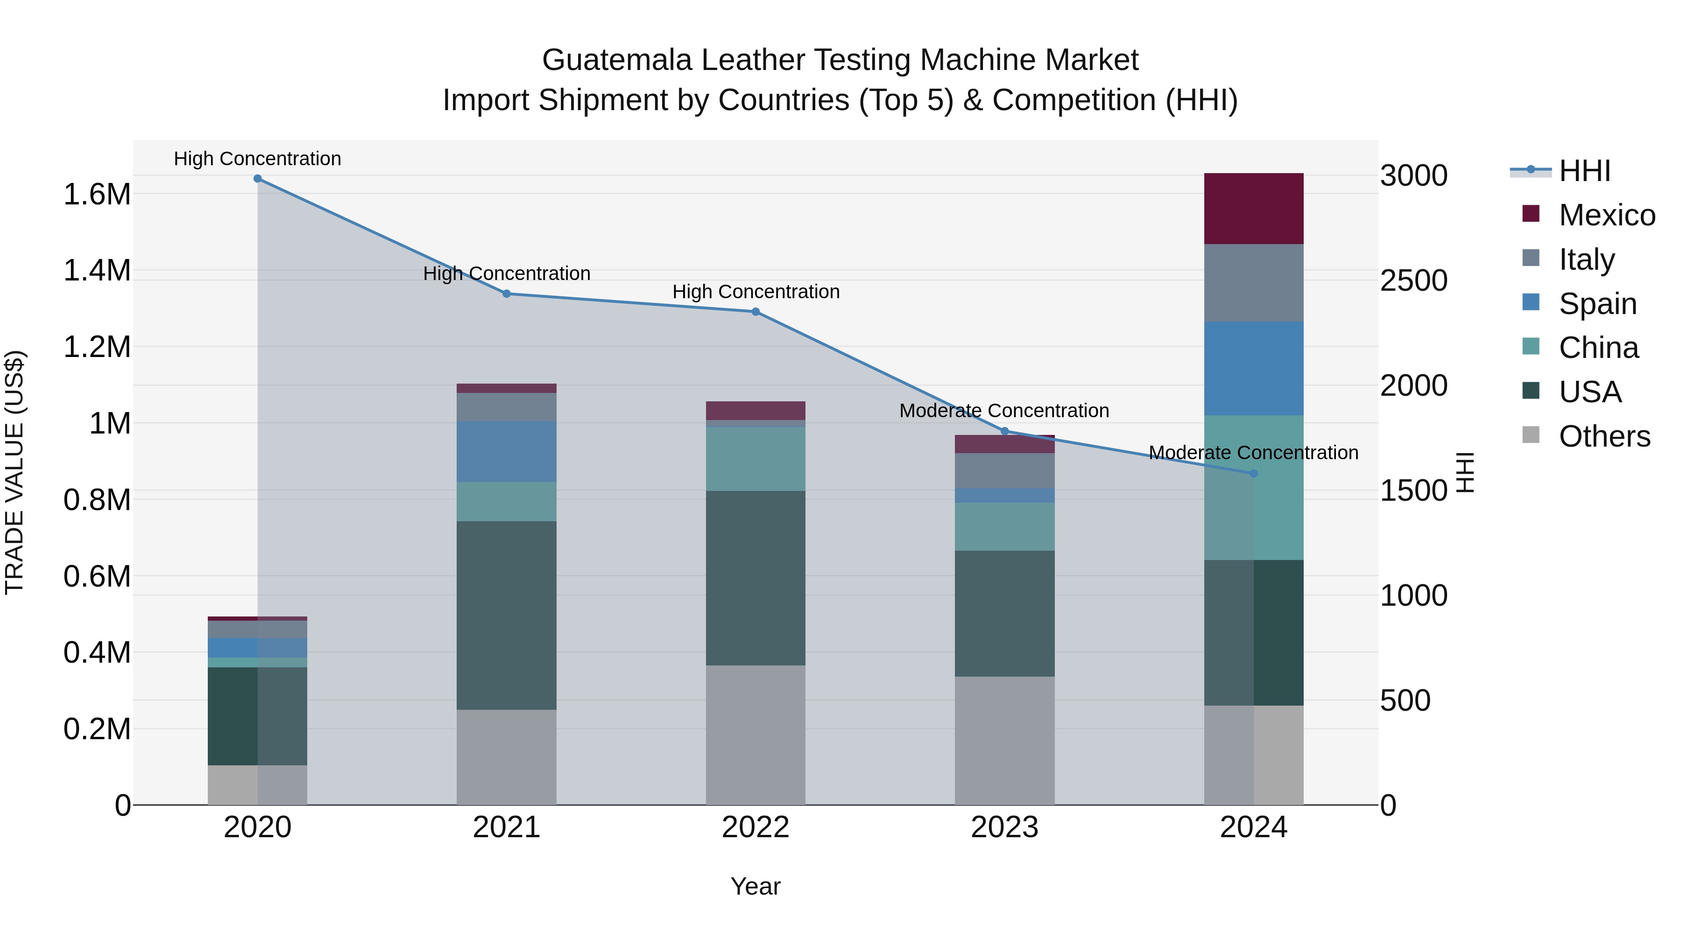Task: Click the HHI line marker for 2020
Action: (x=257, y=179)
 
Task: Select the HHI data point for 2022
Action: (x=756, y=312)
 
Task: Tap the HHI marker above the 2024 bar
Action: (x=1254, y=474)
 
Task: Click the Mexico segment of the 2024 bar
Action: (x=1254, y=209)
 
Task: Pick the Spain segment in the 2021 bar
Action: (x=506, y=451)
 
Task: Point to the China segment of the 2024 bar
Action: (x=1254, y=487)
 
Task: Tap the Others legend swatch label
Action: (x=1604, y=436)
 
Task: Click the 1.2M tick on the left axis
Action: (x=97, y=347)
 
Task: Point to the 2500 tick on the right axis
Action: (x=1413, y=281)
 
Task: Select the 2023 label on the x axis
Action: (x=1004, y=827)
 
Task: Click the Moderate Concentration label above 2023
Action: (x=1004, y=411)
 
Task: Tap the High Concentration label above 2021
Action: (x=506, y=274)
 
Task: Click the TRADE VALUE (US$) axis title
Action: (x=15, y=472)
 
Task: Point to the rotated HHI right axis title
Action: (x=1465, y=472)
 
